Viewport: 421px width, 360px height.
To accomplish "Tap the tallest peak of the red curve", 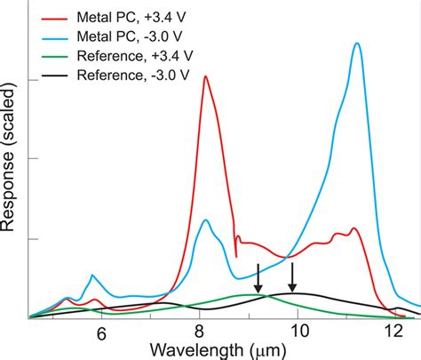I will tap(205, 76).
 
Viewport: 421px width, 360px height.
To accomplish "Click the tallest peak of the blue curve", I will tap(357, 43).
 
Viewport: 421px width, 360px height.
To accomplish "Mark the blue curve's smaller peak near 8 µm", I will tap(205, 220).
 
